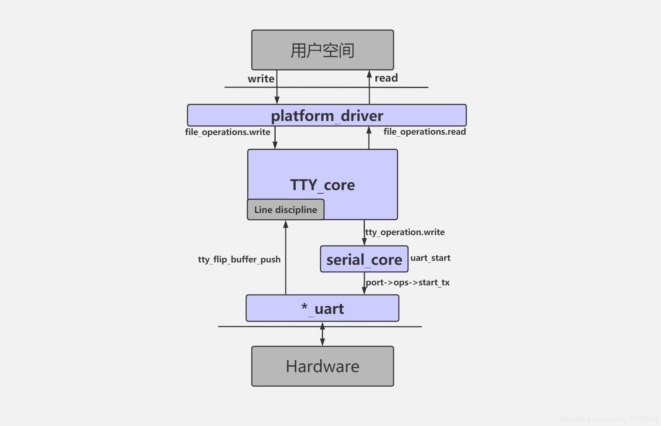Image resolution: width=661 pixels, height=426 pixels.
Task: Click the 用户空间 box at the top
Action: point(322,50)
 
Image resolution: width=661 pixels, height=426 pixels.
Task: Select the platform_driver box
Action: point(327,115)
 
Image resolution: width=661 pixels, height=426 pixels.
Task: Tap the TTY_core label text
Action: point(322,185)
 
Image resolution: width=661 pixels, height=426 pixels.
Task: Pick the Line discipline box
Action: point(285,210)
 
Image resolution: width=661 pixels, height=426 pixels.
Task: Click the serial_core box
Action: point(364,259)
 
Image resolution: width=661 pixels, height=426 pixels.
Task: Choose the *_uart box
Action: point(322,308)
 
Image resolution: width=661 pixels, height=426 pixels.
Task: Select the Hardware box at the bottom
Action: point(322,366)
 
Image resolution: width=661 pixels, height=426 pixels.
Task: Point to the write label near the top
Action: point(261,79)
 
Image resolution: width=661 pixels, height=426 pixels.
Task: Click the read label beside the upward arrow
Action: point(386,78)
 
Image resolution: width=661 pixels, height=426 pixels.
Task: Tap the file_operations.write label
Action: point(227,132)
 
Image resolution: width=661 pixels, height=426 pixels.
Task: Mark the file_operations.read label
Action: point(424,131)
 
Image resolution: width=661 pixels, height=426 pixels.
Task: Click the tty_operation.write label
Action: point(405,232)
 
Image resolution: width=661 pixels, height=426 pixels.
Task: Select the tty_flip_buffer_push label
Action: point(239,259)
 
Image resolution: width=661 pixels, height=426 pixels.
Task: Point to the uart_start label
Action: point(430,258)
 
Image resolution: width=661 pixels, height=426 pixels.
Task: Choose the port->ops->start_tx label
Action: point(407,282)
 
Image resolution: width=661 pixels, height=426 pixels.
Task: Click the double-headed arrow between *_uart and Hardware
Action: point(322,334)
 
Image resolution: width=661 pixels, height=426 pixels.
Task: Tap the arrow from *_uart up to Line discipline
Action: point(286,257)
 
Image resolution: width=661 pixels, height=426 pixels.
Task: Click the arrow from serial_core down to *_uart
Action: point(364,284)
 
